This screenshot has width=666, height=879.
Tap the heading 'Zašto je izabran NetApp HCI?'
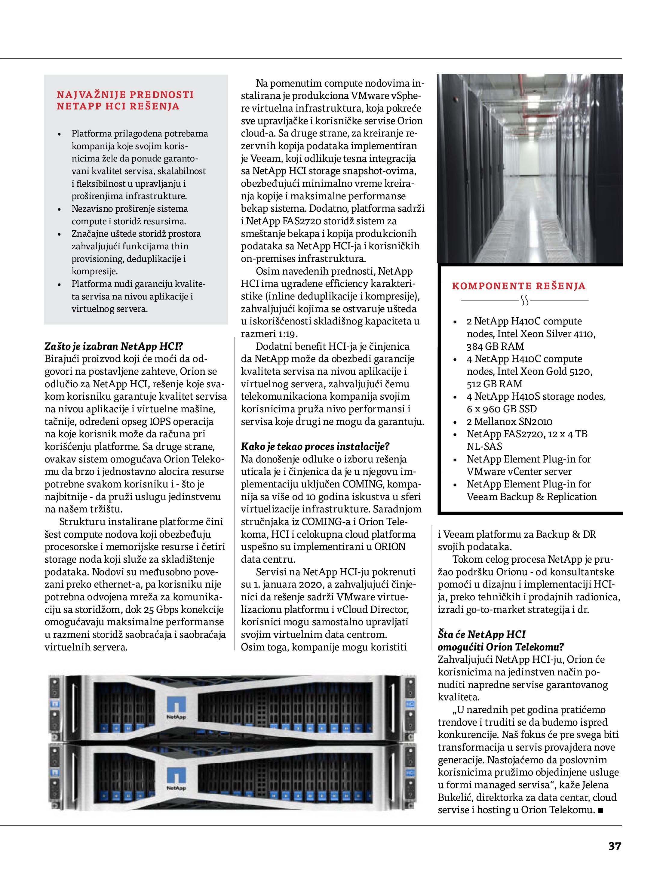(114, 346)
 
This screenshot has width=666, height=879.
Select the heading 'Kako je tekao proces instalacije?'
(315, 446)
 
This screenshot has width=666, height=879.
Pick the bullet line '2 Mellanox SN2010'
(509, 421)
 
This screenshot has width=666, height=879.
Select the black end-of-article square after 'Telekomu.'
(600, 810)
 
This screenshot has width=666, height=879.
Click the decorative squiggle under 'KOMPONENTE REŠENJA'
(525, 300)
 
